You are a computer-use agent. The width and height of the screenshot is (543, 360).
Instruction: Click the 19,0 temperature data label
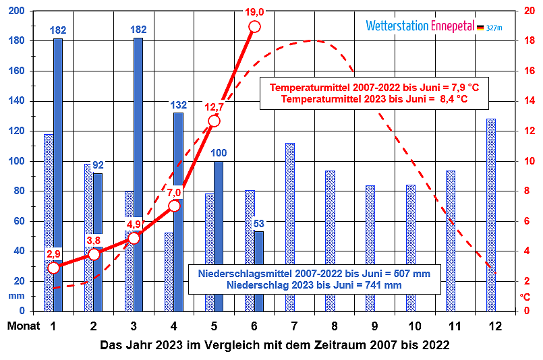pos(254,11)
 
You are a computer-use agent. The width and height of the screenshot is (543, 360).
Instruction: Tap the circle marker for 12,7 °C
pos(214,121)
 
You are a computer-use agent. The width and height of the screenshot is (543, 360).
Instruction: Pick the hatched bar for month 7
pos(290,227)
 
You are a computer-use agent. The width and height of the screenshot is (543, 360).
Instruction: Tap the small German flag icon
pos(480,27)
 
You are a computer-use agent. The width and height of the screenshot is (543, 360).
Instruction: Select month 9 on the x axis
pos(374,327)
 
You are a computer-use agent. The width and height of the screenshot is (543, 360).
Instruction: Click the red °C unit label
pos(525,296)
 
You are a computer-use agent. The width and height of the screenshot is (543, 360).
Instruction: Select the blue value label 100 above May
pos(219,153)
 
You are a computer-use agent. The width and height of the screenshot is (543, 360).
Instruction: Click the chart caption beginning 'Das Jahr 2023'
pos(275,344)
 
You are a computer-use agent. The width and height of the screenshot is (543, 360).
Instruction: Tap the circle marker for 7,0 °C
pos(174,206)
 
